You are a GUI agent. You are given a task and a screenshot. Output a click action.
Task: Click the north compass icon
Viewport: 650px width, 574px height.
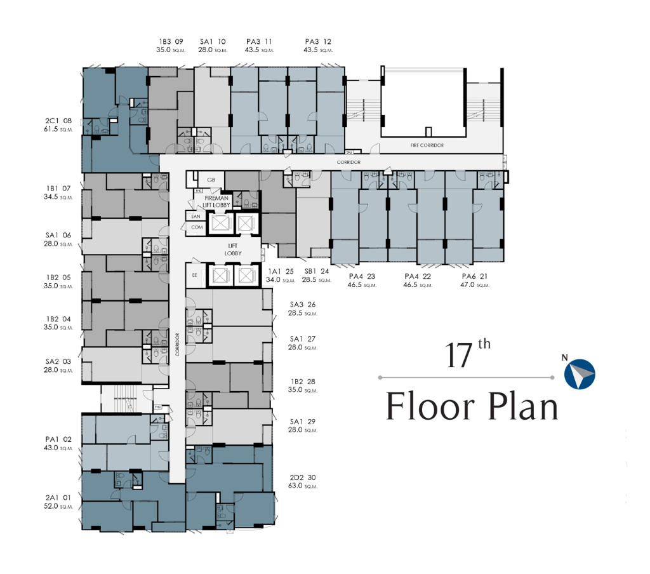coord(580,374)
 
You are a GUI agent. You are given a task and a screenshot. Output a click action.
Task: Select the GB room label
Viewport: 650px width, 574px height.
coord(211,180)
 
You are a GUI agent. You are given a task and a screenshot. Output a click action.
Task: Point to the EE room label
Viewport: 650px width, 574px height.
coord(195,276)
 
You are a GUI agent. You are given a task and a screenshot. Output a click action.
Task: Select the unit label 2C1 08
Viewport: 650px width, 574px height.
coord(58,121)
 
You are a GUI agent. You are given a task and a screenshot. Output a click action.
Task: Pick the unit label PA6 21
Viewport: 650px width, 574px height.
coord(475,276)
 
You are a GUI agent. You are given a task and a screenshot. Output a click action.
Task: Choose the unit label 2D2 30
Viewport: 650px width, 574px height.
coord(303,477)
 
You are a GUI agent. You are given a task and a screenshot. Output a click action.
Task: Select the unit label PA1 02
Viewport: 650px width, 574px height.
coord(58,439)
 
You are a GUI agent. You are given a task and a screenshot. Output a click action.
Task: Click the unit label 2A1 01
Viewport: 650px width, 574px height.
coord(58,497)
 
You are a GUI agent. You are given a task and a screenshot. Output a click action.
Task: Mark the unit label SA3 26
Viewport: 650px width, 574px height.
coord(303,304)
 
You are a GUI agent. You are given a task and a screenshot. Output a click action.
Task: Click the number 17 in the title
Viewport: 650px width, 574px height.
coord(459,356)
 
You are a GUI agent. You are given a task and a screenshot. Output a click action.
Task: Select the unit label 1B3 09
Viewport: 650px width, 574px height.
coord(169,42)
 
